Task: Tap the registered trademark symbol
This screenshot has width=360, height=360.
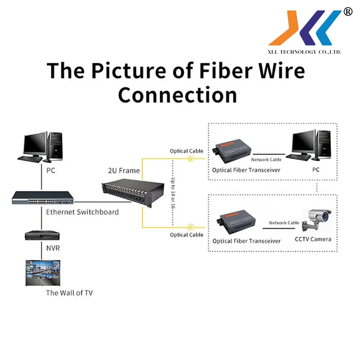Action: [348, 12]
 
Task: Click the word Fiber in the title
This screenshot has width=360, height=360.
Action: [228, 71]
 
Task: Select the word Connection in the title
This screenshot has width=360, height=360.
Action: [177, 95]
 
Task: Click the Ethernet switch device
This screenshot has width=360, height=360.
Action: [42, 198]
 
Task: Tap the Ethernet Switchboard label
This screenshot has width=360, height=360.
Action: [82, 212]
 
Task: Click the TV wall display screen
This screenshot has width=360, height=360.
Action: [42, 273]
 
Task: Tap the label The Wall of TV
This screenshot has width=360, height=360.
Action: [69, 293]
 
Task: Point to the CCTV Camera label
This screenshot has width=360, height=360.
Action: [313, 239]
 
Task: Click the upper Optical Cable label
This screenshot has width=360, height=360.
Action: [186, 151]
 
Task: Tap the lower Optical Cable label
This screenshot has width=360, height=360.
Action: [186, 235]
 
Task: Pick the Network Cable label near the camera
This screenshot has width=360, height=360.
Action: [284, 223]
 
